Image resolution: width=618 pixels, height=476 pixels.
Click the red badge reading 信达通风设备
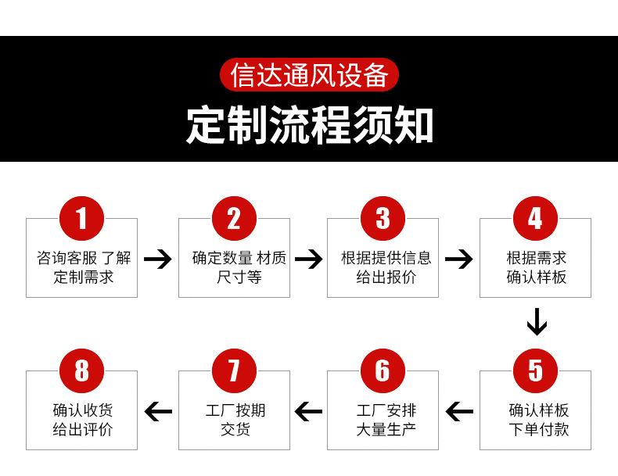click(310, 75)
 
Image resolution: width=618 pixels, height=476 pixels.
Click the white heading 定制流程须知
click(310, 125)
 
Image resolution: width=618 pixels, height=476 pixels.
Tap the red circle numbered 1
click(81, 219)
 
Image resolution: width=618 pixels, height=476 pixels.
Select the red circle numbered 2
click(234, 219)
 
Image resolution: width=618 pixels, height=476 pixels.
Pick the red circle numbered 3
click(383, 219)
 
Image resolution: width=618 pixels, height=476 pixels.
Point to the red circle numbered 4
click(535, 219)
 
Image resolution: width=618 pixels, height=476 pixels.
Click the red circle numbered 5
click(535, 371)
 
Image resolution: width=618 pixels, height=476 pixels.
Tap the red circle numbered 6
click(383, 371)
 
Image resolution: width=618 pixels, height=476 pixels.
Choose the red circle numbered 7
click(234, 371)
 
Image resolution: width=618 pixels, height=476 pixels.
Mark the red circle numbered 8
click(81, 371)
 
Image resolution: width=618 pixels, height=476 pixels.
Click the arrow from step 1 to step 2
click(158, 259)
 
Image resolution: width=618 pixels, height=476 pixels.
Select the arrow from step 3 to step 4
click(458, 259)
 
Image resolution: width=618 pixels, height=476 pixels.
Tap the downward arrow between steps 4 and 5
click(537, 322)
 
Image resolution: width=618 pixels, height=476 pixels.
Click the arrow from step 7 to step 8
click(159, 411)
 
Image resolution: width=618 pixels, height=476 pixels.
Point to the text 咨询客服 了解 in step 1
click(84, 258)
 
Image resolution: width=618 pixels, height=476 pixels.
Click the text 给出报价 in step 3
click(386, 277)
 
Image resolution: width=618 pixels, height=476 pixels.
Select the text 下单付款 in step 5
click(539, 429)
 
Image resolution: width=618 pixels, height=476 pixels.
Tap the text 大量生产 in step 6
click(386, 429)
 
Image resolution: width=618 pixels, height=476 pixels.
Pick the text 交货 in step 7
click(235, 429)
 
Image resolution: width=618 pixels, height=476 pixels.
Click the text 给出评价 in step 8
click(83, 429)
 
